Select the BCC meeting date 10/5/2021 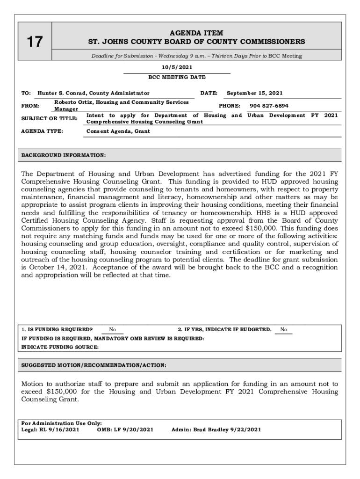point(177,67)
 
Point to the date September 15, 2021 point(254,93)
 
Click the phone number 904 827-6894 point(269,106)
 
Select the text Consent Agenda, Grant point(118,131)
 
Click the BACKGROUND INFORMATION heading point(64,155)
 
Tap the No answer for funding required point(113,330)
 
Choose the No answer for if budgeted point(283,330)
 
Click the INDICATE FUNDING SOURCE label point(60,347)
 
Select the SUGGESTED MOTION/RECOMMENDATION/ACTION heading point(94,365)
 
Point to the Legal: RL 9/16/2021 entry point(50,429)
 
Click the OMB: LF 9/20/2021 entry point(125,429)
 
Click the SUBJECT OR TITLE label point(50,118)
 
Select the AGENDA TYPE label point(42,131)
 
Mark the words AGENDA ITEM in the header point(196,33)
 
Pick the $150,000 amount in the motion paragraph point(65,392)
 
